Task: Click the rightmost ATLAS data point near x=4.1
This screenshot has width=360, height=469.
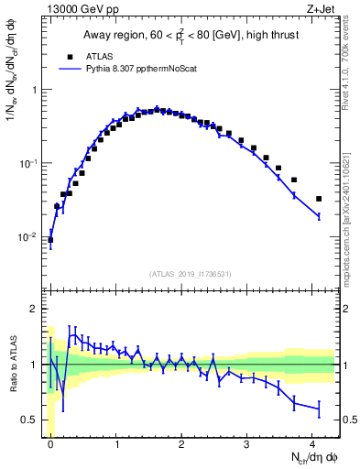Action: pyautogui.click(x=319, y=199)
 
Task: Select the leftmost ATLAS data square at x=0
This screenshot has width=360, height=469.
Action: pyautogui.click(x=50, y=240)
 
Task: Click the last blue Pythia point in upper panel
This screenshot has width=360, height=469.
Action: pyautogui.click(x=319, y=216)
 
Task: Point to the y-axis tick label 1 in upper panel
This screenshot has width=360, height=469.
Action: pyautogui.click(x=34, y=90)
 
